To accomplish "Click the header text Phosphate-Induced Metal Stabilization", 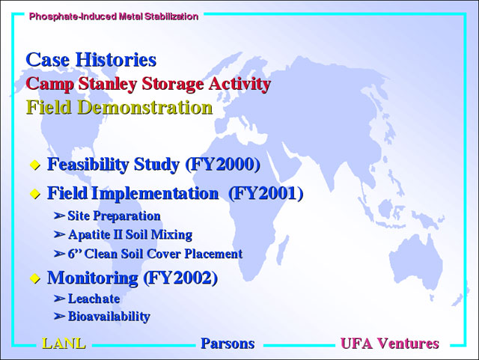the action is (114, 16).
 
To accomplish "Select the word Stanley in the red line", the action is (107, 84).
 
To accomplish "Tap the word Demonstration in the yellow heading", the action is (145, 107).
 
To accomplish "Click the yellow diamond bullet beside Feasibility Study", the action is (35, 165).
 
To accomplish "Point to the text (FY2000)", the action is (223, 165).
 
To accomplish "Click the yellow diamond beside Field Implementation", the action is (35, 194).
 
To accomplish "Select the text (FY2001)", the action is (266, 193).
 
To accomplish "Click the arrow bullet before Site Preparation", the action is (59, 216).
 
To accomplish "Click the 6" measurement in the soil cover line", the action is (75, 253).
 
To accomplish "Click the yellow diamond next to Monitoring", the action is (35, 278).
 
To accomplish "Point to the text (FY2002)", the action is (180, 278).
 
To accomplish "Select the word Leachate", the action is (94, 299).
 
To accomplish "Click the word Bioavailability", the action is (109, 317).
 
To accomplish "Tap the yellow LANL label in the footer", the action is (64, 344).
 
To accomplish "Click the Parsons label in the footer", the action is (228, 344).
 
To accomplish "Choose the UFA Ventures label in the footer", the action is (390, 344).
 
